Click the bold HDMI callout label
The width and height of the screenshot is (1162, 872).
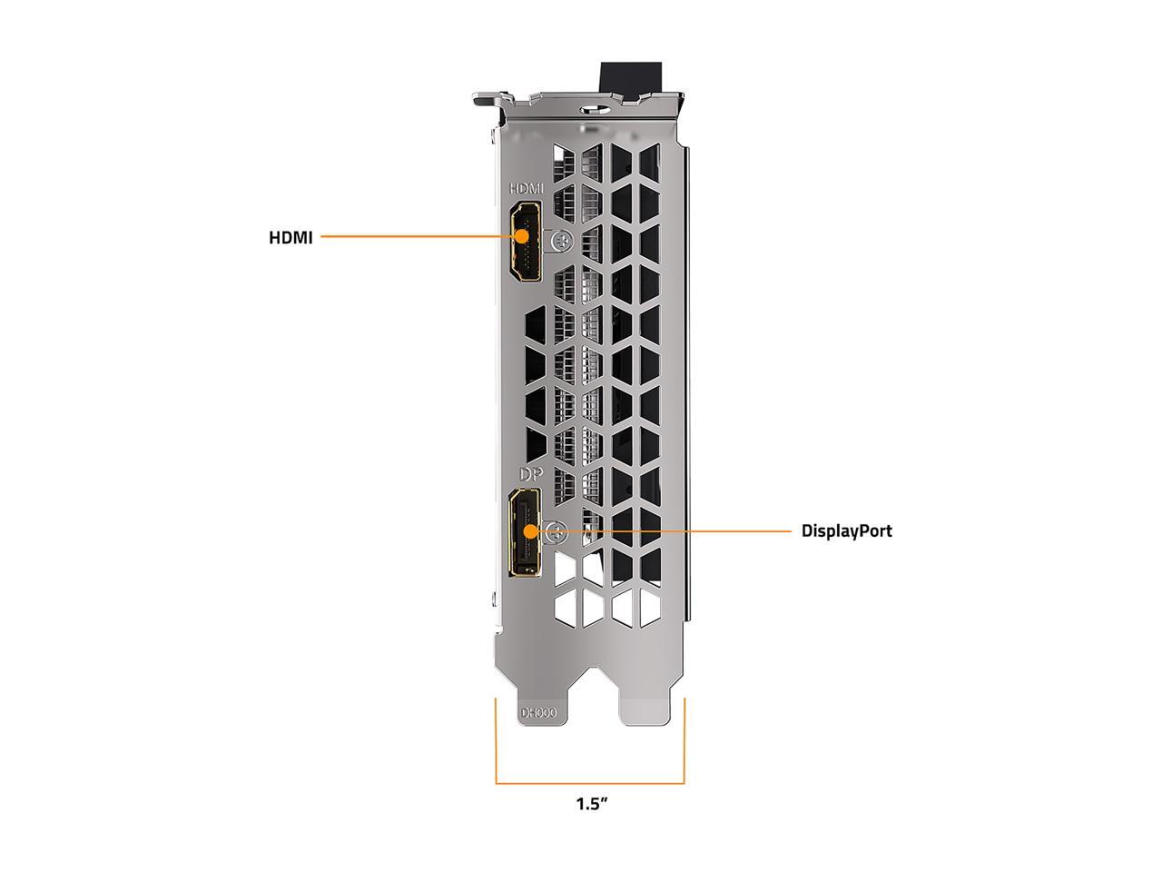(x=290, y=238)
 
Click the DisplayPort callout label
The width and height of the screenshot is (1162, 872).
(x=846, y=531)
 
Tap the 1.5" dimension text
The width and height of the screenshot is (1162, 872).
(x=591, y=818)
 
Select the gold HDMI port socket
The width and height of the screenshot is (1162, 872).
(x=525, y=241)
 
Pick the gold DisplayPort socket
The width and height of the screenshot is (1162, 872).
(x=525, y=532)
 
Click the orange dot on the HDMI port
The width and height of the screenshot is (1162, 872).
(x=523, y=236)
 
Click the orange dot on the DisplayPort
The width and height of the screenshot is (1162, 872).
(x=530, y=531)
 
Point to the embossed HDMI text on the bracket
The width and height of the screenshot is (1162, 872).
(x=527, y=189)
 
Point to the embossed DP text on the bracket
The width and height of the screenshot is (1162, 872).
(x=531, y=474)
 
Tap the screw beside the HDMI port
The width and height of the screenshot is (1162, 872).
(x=562, y=242)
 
